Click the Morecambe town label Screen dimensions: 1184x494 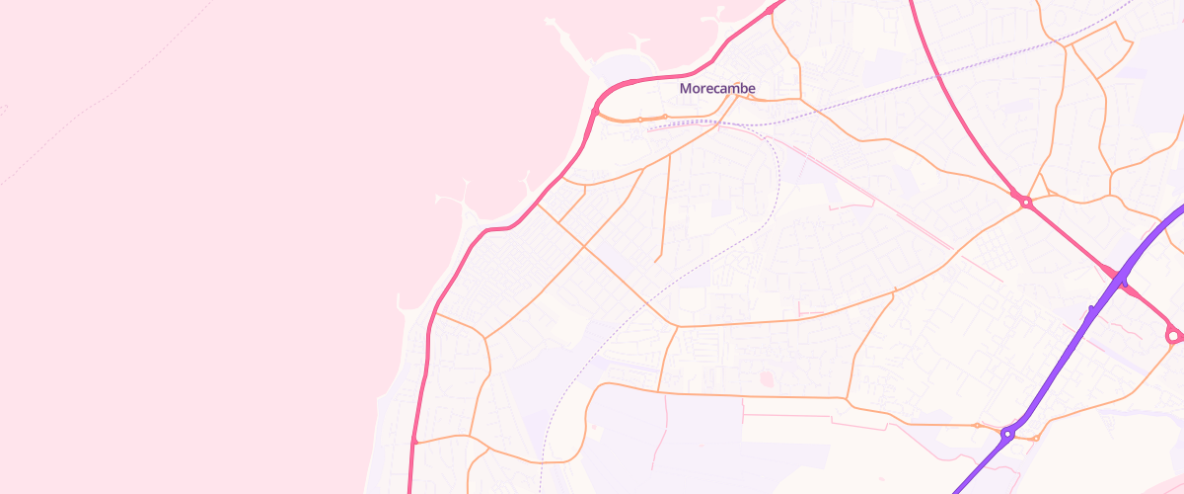(x=717, y=89)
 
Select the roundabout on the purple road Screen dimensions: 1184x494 (x=1007, y=433)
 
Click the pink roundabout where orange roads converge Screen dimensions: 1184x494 (x=1026, y=203)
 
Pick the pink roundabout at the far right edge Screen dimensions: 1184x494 (x=1173, y=337)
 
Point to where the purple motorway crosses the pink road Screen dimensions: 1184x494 (x=1123, y=282)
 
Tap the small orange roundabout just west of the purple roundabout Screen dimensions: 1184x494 (x=978, y=426)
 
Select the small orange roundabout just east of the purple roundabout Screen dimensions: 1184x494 (x=1036, y=438)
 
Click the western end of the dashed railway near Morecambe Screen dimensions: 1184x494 (x=649, y=128)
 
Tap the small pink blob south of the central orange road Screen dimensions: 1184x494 (x=766, y=376)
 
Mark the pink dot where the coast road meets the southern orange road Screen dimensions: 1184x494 (x=414, y=442)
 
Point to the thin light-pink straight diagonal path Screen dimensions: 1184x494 (x=888, y=207)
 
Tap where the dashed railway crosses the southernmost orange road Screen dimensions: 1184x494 (x=542, y=461)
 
